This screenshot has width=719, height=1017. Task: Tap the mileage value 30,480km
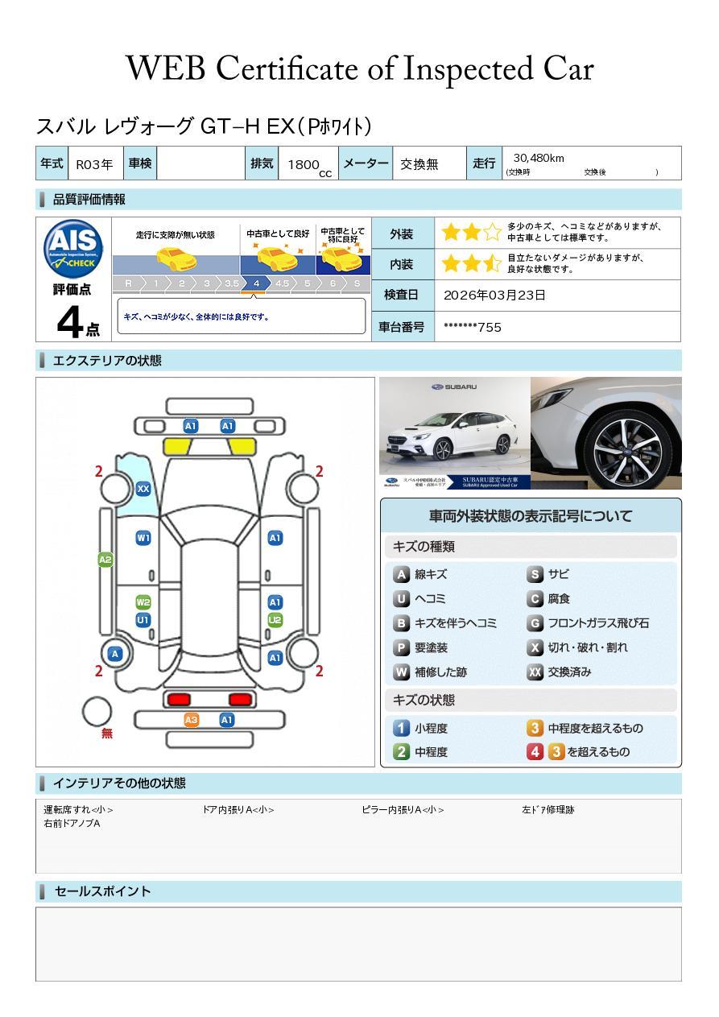(538, 159)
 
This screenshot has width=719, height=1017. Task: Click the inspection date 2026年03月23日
(494, 296)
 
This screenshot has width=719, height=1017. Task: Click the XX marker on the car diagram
(143, 489)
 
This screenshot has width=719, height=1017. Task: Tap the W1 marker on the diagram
(143, 538)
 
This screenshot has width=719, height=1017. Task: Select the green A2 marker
(105, 560)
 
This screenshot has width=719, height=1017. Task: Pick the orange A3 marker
(191, 720)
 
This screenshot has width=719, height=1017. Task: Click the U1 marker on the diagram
(143, 620)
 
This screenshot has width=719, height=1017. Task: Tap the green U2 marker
(275, 620)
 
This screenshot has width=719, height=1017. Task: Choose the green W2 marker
(143, 602)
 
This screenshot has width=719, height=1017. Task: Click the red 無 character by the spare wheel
(107, 734)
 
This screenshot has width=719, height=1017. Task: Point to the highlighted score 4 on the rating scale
(256, 283)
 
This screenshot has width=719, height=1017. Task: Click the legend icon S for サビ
(535, 575)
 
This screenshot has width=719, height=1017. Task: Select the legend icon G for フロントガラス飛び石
(535, 623)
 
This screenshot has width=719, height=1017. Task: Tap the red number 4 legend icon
(535, 752)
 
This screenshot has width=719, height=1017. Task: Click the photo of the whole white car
(454, 433)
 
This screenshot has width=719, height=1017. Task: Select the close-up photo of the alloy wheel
(605, 433)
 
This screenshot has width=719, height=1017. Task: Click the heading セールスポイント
(102, 891)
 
